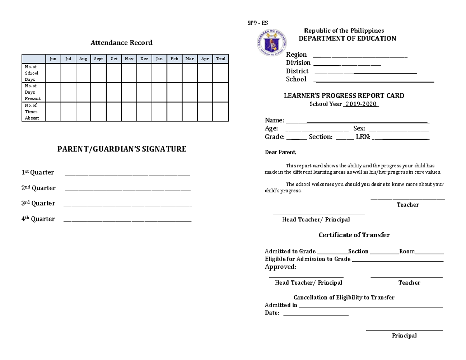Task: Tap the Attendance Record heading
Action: pos(122,43)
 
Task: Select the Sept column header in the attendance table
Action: pos(98,59)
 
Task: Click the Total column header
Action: pos(220,59)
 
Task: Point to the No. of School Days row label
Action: pos(31,73)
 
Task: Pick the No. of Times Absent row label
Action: pos(31,111)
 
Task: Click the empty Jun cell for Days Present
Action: pos(53,92)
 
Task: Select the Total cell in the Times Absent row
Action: pos(220,111)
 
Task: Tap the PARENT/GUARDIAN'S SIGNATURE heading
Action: pos(122,149)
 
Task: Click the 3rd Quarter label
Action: pos(38,203)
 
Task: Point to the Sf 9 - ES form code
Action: pos(258,23)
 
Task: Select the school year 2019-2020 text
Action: pos(361,104)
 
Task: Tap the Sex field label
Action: pos(359,129)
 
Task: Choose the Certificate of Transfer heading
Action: pos(354,235)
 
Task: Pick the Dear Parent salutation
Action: pos(280,153)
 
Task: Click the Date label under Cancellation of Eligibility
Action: pos(272,313)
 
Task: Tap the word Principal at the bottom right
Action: pos(404,336)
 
